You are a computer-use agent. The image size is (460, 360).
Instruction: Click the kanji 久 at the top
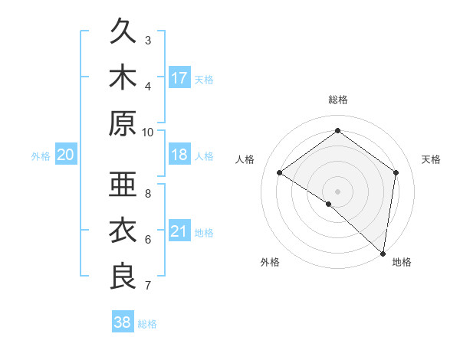click(123, 33)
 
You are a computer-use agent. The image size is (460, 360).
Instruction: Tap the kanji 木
click(123, 78)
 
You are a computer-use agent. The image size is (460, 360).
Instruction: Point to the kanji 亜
click(123, 186)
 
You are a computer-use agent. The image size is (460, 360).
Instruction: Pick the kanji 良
click(123, 276)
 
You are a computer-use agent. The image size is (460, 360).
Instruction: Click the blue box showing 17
click(179, 78)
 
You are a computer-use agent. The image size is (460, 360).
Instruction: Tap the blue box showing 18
click(179, 155)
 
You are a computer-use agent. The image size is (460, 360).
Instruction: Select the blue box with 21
click(179, 231)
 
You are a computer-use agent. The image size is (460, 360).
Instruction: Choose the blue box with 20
click(66, 155)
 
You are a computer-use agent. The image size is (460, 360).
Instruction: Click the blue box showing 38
click(123, 322)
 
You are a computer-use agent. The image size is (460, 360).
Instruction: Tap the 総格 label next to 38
click(147, 324)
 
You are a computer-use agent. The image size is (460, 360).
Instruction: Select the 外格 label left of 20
click(41, 156)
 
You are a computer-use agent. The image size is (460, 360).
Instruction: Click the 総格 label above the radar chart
click(337, 100)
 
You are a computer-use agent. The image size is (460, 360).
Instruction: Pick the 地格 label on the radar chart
click(402, 262)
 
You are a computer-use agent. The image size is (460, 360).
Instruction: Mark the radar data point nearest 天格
click(396, 172)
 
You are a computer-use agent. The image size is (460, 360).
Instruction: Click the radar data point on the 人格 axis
click(280, 172)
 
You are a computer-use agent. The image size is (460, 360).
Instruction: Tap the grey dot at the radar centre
click(337, 191)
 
